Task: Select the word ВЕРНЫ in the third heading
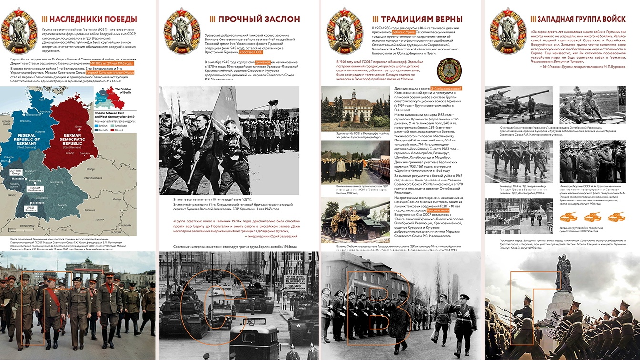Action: coord(446,19)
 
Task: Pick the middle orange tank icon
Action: coord(593,218)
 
